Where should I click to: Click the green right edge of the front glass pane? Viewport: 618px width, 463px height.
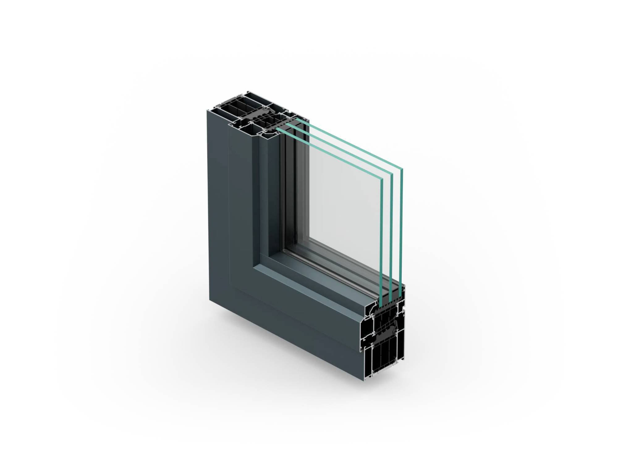tap(381, 241)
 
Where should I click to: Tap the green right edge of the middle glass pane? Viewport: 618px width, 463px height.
tap(392, 235)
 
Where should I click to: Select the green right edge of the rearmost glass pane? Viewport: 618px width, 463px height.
tap(402, 228)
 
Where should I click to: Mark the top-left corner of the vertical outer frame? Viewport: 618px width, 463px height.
tap(207, 111)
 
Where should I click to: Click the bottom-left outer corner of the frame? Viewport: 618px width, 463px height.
tap(210, 299)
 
